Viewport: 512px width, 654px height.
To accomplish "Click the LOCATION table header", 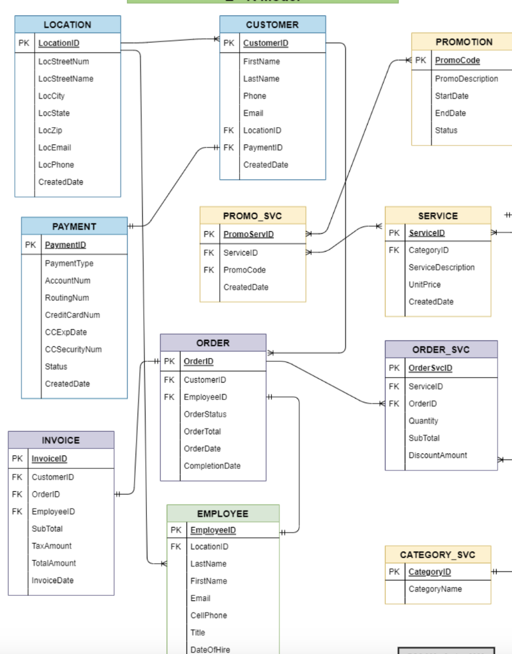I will tap(67, 24).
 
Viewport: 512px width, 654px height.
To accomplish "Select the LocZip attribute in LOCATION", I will tap(50, 130).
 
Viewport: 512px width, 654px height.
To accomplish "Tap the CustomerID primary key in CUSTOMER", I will tap(266, 43).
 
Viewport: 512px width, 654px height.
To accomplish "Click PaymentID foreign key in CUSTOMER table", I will tap(262, 148).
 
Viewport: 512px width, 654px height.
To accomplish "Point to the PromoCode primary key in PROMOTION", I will tap(457, 61).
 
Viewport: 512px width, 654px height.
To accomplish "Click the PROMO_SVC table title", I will tap(252, 216).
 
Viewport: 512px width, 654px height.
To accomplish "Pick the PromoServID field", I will tap(248, 234).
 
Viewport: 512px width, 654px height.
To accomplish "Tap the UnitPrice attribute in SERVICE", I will tap(425, 285).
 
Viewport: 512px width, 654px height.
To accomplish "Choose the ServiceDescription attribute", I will tap(441, 268).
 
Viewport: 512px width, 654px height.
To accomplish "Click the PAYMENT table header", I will tap(74, 226).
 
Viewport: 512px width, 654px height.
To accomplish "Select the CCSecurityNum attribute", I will tap(73, 349).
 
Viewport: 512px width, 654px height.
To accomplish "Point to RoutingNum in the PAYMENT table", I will tap(66, 298).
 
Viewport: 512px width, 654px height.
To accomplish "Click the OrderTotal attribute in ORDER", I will tap(202, 432).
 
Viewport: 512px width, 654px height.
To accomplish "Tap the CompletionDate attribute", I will tap(212, 466).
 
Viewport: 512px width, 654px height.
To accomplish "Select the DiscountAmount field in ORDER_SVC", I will tap(437, 455).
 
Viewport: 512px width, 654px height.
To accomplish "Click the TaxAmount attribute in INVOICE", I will tap(52, 546).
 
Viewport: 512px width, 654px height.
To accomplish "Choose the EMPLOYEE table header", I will tap(223, 513).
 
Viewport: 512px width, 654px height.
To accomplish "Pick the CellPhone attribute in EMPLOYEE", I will tap(208, 616).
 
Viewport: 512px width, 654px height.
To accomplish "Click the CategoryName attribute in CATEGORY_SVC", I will tap(435, 589).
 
